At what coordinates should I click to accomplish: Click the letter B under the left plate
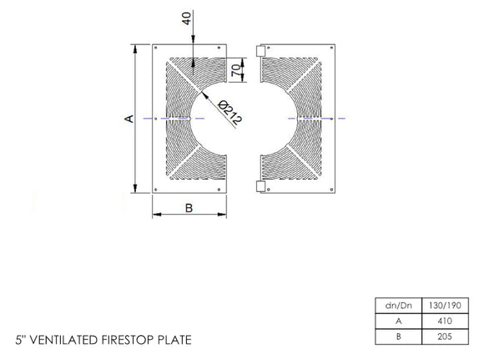coord(189,209)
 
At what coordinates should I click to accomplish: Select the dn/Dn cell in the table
coord(395,304)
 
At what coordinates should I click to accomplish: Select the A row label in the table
coord(395,319)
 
